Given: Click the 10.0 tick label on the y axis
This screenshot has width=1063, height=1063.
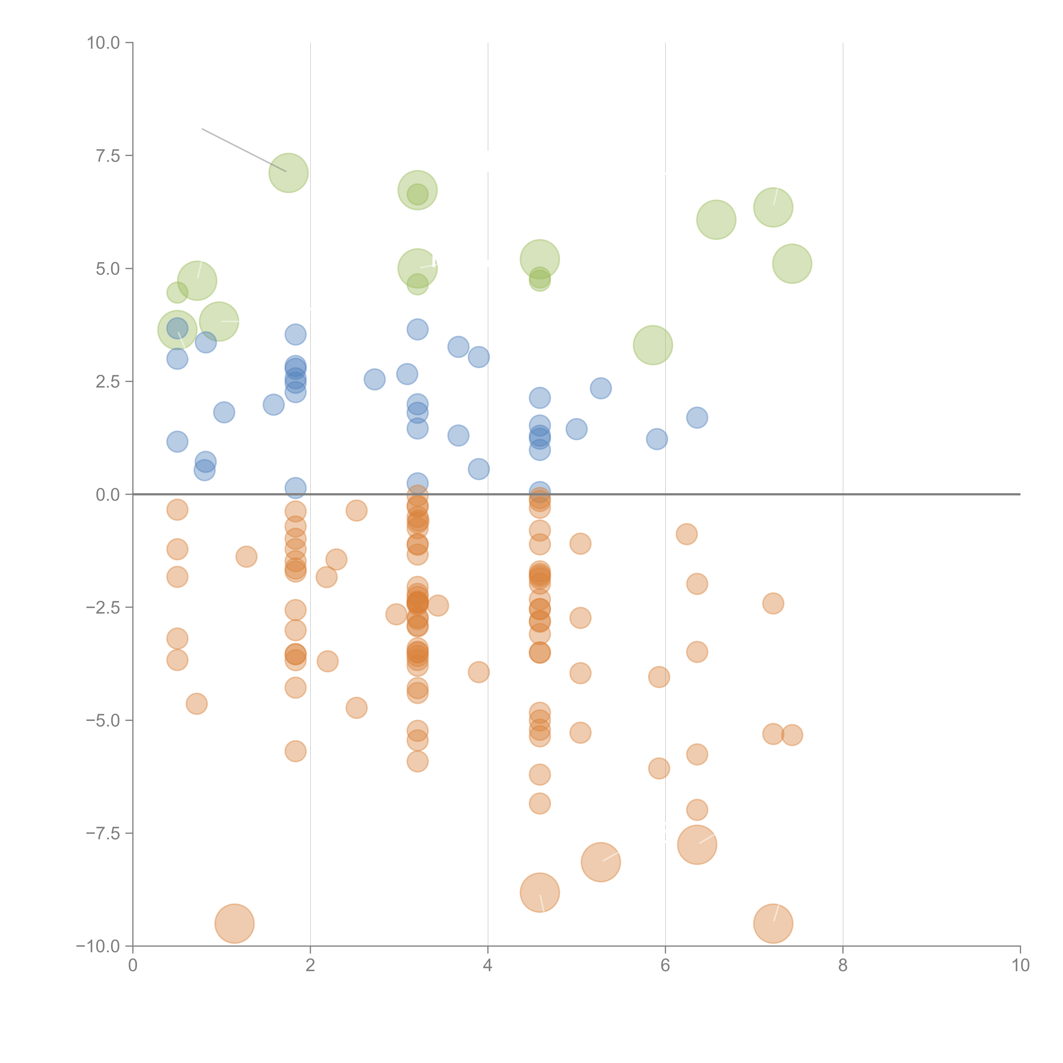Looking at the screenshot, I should (x=104, y=43).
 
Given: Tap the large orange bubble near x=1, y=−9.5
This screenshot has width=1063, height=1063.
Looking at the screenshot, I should (x=234, y=923).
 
